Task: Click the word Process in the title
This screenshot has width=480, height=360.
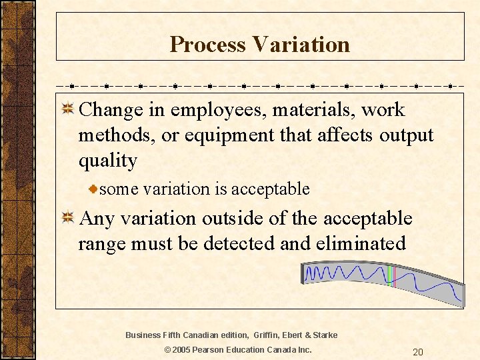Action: [207, 45]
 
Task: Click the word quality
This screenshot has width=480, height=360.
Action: [107, 161]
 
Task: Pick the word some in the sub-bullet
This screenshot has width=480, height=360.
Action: [119, 189]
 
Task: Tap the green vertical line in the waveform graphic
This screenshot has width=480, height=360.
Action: [389, 276]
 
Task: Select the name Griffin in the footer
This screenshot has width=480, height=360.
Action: [265, 335]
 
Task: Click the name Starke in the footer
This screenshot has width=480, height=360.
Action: [325, 335]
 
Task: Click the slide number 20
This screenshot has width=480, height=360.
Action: [418, 352]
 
